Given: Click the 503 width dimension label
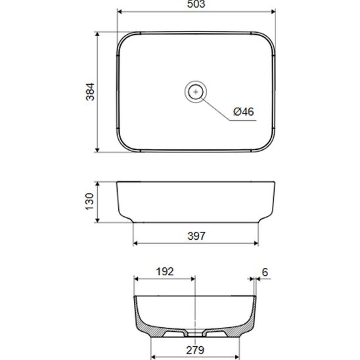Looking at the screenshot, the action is coord(196,4).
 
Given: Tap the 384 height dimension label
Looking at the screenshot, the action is coord(90,92).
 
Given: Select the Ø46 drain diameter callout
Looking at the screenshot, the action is coord(244,112).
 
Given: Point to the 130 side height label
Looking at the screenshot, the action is coord(89,202).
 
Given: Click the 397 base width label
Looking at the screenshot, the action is coord(196,236).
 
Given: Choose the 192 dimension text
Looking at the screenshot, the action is coord(165,271).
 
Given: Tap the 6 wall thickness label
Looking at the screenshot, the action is coord(265,272).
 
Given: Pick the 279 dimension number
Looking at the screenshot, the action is coord(195,350).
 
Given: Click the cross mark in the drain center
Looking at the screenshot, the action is coord(196,92).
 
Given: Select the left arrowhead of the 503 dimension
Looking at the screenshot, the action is coord(120,12).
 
